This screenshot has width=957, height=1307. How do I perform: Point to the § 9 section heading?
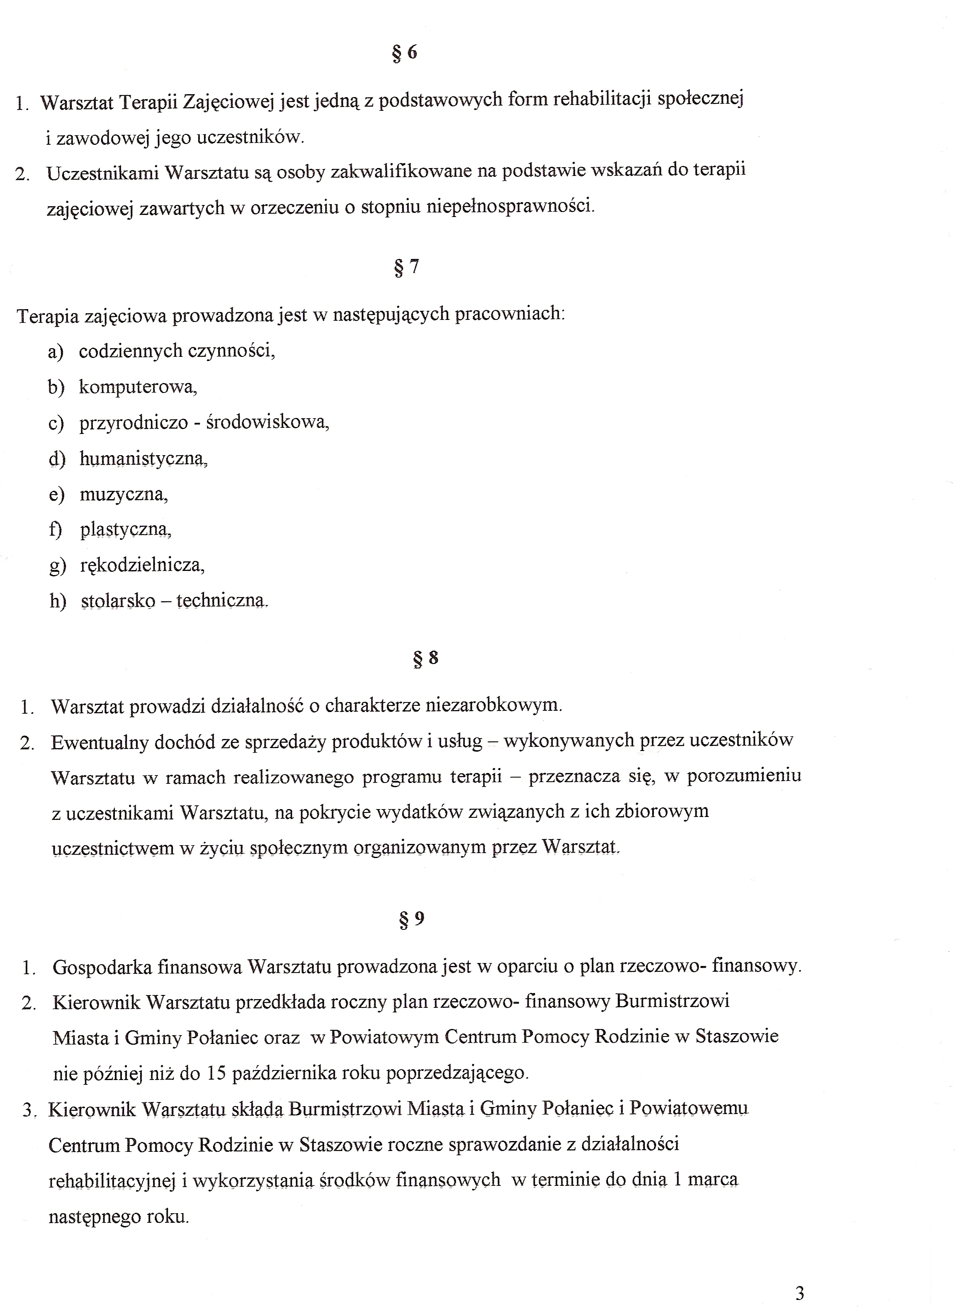click(x=412, y=919)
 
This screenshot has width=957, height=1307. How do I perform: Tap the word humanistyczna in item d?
click(x=143, y=458)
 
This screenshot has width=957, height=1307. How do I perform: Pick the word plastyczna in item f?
click(x=125, y=530)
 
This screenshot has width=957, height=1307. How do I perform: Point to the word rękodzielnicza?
click(x=142, y=565)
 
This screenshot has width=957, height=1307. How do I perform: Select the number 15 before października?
click(x=216, y=1073)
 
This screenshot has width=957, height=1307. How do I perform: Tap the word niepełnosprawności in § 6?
click(x=510, y=206)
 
